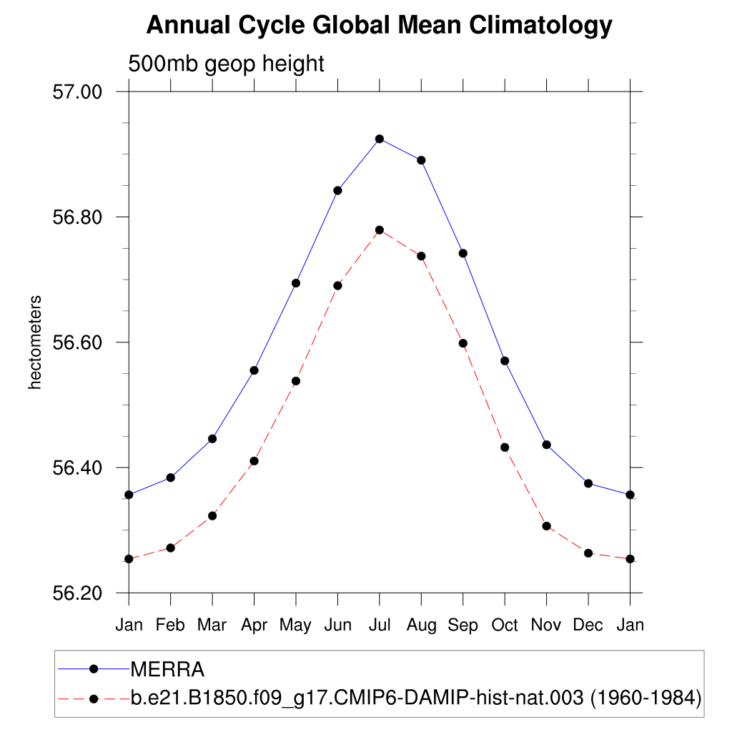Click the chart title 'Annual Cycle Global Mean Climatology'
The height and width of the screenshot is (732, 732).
pyautogui.click(x=379, y=26)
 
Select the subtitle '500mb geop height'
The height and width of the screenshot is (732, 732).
pyautogui.click(x=226, y=64)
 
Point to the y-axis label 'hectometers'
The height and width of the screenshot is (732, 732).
pyautogui.click(x=35, y=342)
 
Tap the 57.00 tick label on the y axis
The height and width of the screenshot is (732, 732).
pyautogui.click(x=79, y=92)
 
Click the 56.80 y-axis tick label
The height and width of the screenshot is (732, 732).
pyautogui.click(x=79, y=217)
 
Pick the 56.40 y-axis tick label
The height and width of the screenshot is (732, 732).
pyautogui.click(x=79, y=468)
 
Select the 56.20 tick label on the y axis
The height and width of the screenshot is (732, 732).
pyautogui.click(x=79, y=593)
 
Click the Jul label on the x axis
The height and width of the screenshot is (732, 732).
pyautogui.click(x=379, y=625)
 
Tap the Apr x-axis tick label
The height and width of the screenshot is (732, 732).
pyautogui.click(x=254, y=625)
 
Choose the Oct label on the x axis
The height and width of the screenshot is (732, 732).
pyautogui.click(x=505, y=625)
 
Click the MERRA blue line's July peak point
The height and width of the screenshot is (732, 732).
pyautogui.click(x=380, y=139)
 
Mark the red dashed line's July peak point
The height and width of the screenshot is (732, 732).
pyautogui.click(x=380, y=230)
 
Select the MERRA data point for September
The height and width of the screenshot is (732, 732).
pyautogui.click(x=463, y=253)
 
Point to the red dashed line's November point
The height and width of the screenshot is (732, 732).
pyautogui.click(x=547, y=526)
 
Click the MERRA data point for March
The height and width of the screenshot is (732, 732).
pyautogui.click(x=212, y=439)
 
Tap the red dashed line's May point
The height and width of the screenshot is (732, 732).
pyautogui.click(x=296, y=381)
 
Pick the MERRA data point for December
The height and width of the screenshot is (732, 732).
pyautogui.click(x=588, y=483)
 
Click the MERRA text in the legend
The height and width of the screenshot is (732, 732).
pyautogui.click(x=168, y=670)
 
